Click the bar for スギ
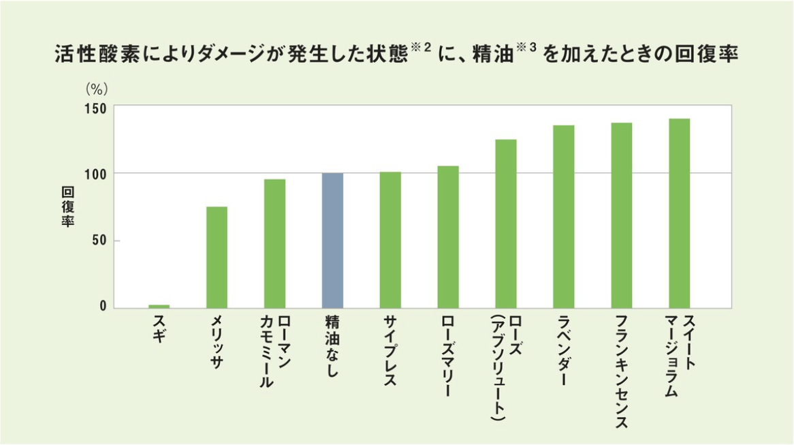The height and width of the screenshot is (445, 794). click(159, 307)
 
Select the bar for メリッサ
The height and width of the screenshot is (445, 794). click(217, 257)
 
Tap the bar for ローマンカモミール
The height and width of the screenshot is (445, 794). click(274, 243)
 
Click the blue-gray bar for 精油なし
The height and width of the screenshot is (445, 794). click(332, 240)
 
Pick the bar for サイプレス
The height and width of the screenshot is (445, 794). click(390, 240)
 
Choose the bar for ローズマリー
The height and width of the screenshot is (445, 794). click(448, 236)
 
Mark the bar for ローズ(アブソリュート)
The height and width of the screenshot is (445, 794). click(506, 224)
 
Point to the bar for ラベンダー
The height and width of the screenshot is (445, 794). click(564, 217)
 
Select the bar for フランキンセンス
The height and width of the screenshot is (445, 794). click(622, 215)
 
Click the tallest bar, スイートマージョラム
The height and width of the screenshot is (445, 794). click(680, 213)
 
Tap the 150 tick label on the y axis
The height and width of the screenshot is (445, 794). click(96, 109)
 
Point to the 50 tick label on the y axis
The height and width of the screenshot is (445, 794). click(99, 241)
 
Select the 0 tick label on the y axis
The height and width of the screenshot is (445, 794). click(104, 307)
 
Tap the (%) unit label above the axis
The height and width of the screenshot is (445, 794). click(97, 89)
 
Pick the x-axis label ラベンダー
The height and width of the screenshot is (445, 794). click(563, 350)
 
